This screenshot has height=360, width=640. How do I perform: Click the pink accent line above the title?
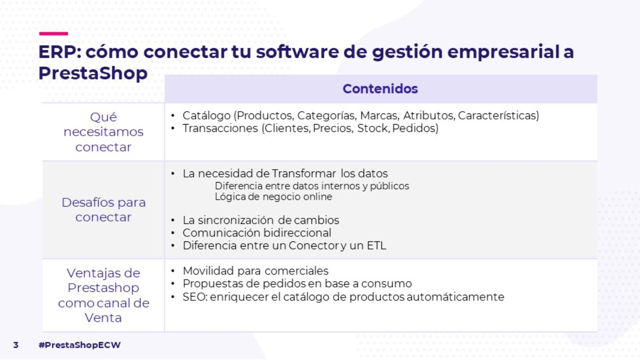point(53,33)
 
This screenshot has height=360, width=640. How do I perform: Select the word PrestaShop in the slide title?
point(93,73)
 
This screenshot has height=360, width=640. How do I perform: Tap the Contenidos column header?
point(380,89)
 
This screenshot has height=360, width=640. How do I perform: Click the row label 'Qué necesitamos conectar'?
point(103,132)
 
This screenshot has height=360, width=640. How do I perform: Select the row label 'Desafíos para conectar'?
point(103,209)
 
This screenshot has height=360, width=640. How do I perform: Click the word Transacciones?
point(220,128)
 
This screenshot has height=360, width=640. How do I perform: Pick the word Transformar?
point(303,174)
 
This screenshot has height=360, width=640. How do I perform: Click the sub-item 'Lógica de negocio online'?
point(273,197)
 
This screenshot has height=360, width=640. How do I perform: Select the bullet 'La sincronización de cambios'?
point(261,220)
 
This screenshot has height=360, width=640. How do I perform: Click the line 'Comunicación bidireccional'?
point(257,233)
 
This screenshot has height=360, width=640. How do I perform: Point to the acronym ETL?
point(376,246)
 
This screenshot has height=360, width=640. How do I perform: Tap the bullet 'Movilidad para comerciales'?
point(256,271)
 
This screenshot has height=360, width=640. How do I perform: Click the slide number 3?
point(16,345)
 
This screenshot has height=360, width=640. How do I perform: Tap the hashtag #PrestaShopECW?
point(79,345)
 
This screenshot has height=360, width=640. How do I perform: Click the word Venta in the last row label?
point(103,318)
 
